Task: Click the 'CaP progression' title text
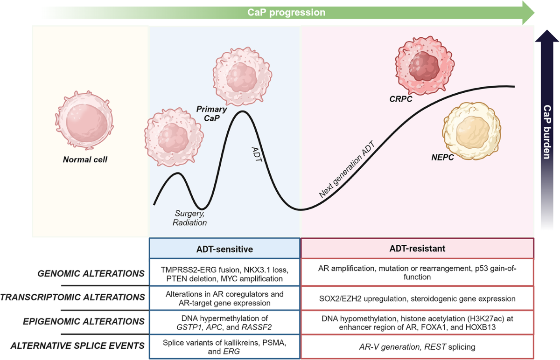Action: pyautogui.click(x=287, y=12)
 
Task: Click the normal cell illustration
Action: pyautogui.click(x=83, y=122)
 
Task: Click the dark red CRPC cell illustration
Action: pyautogui.click(x=419, y=65)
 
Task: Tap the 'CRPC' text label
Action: pyautogui.click(x=401, y=99)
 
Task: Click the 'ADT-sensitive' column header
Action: pyautogui.click(x=224, y=249)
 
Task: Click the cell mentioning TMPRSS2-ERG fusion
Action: pyautogui.click(x=224, y=273)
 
